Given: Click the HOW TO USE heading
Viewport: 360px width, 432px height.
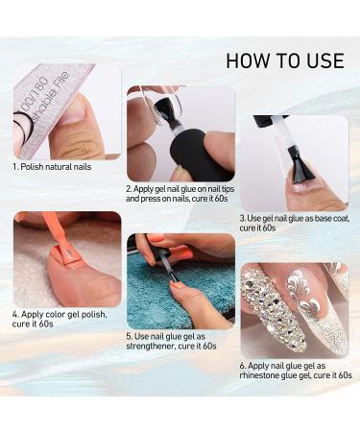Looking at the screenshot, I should coord(284,60).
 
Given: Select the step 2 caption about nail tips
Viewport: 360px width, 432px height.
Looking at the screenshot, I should coord(180,196).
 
